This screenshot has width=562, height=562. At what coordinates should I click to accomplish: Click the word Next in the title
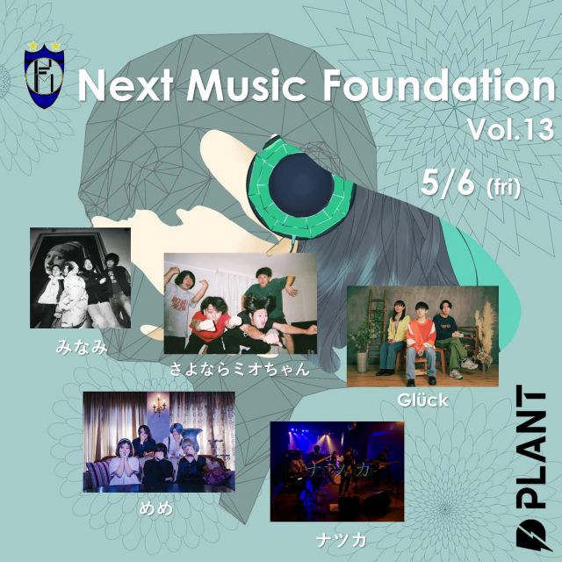[126, 87]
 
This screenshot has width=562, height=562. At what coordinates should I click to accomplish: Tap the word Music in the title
[246, 87]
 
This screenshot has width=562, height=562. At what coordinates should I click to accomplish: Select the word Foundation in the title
[439, 85]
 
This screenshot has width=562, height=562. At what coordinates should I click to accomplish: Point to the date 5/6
[448, 182]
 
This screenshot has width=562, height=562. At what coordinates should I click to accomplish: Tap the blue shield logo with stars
[45, 76]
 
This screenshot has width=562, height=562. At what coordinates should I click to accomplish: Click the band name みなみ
[82, 347]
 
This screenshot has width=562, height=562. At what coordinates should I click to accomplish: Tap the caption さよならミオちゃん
[239, 369]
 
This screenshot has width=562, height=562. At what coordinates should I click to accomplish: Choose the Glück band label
[422, 400]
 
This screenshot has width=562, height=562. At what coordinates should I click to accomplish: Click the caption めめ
[156, 508]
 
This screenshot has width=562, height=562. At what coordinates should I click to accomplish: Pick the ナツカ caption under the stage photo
[341, 540]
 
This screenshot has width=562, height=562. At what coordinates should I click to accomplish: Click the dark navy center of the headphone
[300, 185]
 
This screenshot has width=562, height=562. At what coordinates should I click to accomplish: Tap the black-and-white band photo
[80, 277]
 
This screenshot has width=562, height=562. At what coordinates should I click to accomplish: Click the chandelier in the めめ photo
[159, 406]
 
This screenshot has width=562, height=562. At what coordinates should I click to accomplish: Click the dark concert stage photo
[337, 472]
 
